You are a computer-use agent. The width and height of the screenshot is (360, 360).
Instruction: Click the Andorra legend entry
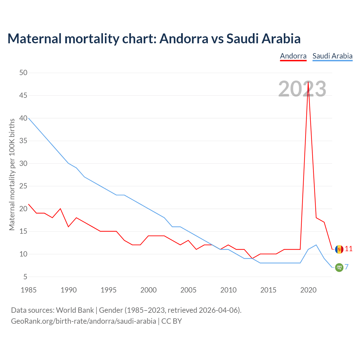[293, 56]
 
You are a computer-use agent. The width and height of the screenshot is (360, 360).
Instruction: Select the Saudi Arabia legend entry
[332, 56]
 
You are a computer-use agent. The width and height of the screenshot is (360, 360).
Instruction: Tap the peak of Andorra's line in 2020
[308, 82]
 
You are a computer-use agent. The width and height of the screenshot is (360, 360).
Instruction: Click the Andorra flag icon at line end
[339, 249]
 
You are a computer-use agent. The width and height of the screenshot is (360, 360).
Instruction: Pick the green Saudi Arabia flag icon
[339, 267]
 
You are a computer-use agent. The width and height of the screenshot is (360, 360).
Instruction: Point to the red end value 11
[348, 249]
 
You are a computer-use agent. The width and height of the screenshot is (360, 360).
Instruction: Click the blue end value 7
[347, 267]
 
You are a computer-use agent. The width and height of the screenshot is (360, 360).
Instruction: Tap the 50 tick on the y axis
[23, 73]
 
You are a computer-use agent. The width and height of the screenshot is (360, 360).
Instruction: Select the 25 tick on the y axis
[23, 186]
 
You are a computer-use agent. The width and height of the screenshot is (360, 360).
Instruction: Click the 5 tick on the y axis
[25, 277]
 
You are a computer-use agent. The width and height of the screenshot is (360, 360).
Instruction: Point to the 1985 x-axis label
[29, 290]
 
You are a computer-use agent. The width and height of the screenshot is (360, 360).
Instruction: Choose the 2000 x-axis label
[148, 290]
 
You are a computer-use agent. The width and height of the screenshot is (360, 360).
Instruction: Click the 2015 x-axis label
[268, 290]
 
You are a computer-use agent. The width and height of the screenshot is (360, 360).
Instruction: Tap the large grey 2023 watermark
[302, 89]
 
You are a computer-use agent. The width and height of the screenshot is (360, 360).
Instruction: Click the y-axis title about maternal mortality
[12, 174]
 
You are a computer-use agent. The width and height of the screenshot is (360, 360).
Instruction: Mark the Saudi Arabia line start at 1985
[29, 118]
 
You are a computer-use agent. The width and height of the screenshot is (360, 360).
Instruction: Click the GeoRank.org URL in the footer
[84, 321]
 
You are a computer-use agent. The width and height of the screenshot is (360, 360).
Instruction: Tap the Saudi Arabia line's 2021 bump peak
[316, 245]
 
